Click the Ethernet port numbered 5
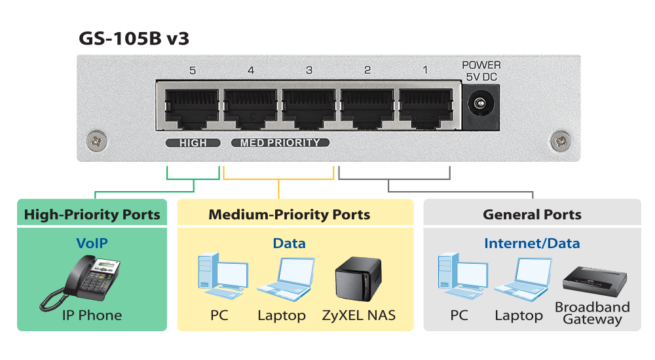point(192,107)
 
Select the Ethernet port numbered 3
point(309,107)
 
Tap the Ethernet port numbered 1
point(426,107)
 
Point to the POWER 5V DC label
point(481,71)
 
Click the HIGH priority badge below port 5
point(192,143)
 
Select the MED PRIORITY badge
point(280,143)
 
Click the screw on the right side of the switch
point(561,139)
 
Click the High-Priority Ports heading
point(92,215)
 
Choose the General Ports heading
point(532,215)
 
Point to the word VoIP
point(92,243)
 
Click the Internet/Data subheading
point(532,243)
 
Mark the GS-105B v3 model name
point(134,39)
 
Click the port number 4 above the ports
point(251,70)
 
